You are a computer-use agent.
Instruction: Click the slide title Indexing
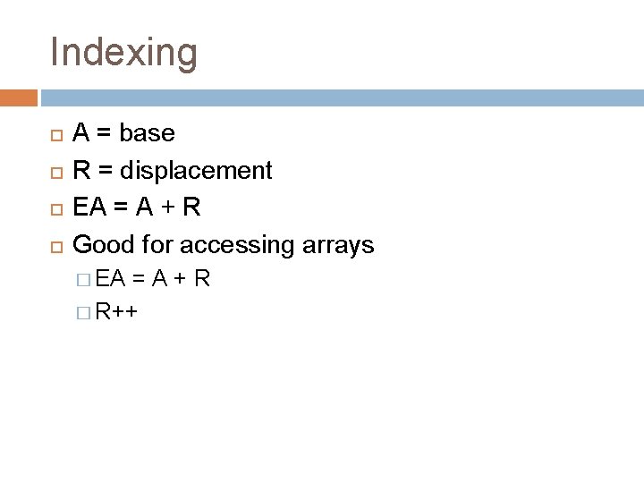point(123,52)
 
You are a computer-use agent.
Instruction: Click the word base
point(147,133)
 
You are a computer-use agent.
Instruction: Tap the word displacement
point(197,170)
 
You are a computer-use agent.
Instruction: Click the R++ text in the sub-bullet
point(116,312)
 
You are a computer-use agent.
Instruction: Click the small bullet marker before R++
point(84,313)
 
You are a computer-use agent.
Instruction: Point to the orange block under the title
point(18,97)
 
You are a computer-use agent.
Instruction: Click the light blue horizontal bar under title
point(340,97)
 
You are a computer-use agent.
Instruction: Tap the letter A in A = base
point(80,133)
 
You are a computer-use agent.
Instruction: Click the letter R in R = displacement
point(80,170)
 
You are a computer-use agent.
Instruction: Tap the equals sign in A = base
point(103,133)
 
